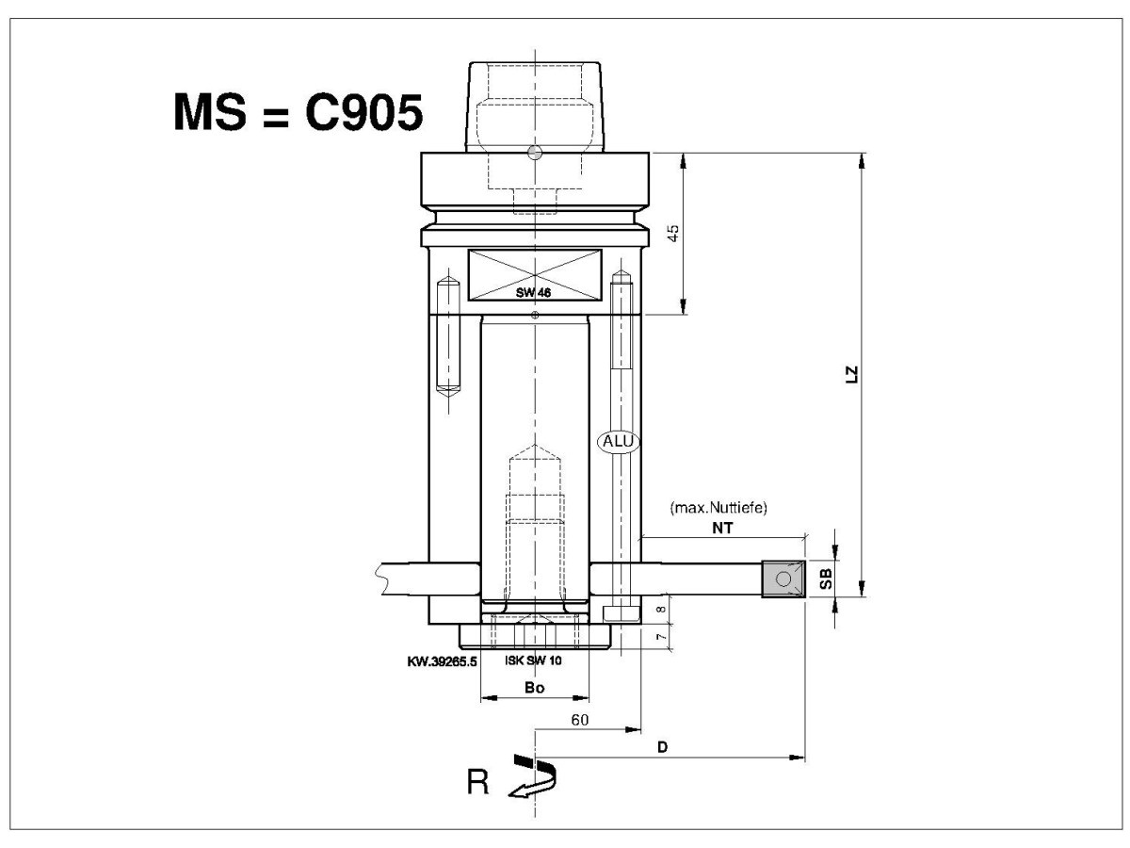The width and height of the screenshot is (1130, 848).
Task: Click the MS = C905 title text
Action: coord(299,112)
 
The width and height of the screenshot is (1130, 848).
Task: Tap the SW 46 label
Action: coord(533,292)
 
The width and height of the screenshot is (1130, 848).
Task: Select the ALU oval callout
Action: coord(618,441)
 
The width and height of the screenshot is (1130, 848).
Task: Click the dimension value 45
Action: coord(673,233)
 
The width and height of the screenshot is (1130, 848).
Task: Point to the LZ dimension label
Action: coord(852,374)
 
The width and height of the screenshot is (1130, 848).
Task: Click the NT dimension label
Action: coord(722,528)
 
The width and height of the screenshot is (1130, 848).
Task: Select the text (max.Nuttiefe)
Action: coord(718,508)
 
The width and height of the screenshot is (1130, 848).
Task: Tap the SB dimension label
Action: coord(825,579)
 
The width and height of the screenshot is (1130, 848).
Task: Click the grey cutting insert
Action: coord(783,579)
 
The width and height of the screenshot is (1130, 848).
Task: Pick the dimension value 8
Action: coord(662,609)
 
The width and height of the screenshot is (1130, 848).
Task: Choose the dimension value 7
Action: coord(662,637)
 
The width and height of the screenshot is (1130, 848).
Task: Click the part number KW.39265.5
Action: coord(443,661)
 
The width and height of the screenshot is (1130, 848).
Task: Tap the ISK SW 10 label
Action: coord(533,660)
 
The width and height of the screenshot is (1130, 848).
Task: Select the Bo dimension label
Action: coord(534,688)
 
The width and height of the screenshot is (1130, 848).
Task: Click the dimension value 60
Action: coord(580,720)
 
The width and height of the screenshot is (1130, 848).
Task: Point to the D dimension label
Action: coord(663,746)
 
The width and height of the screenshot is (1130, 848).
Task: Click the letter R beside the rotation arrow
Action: coord(477,782)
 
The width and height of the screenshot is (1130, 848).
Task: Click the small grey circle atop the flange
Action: coord(535,153)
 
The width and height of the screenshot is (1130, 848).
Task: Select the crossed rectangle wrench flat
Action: coord(535,275)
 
